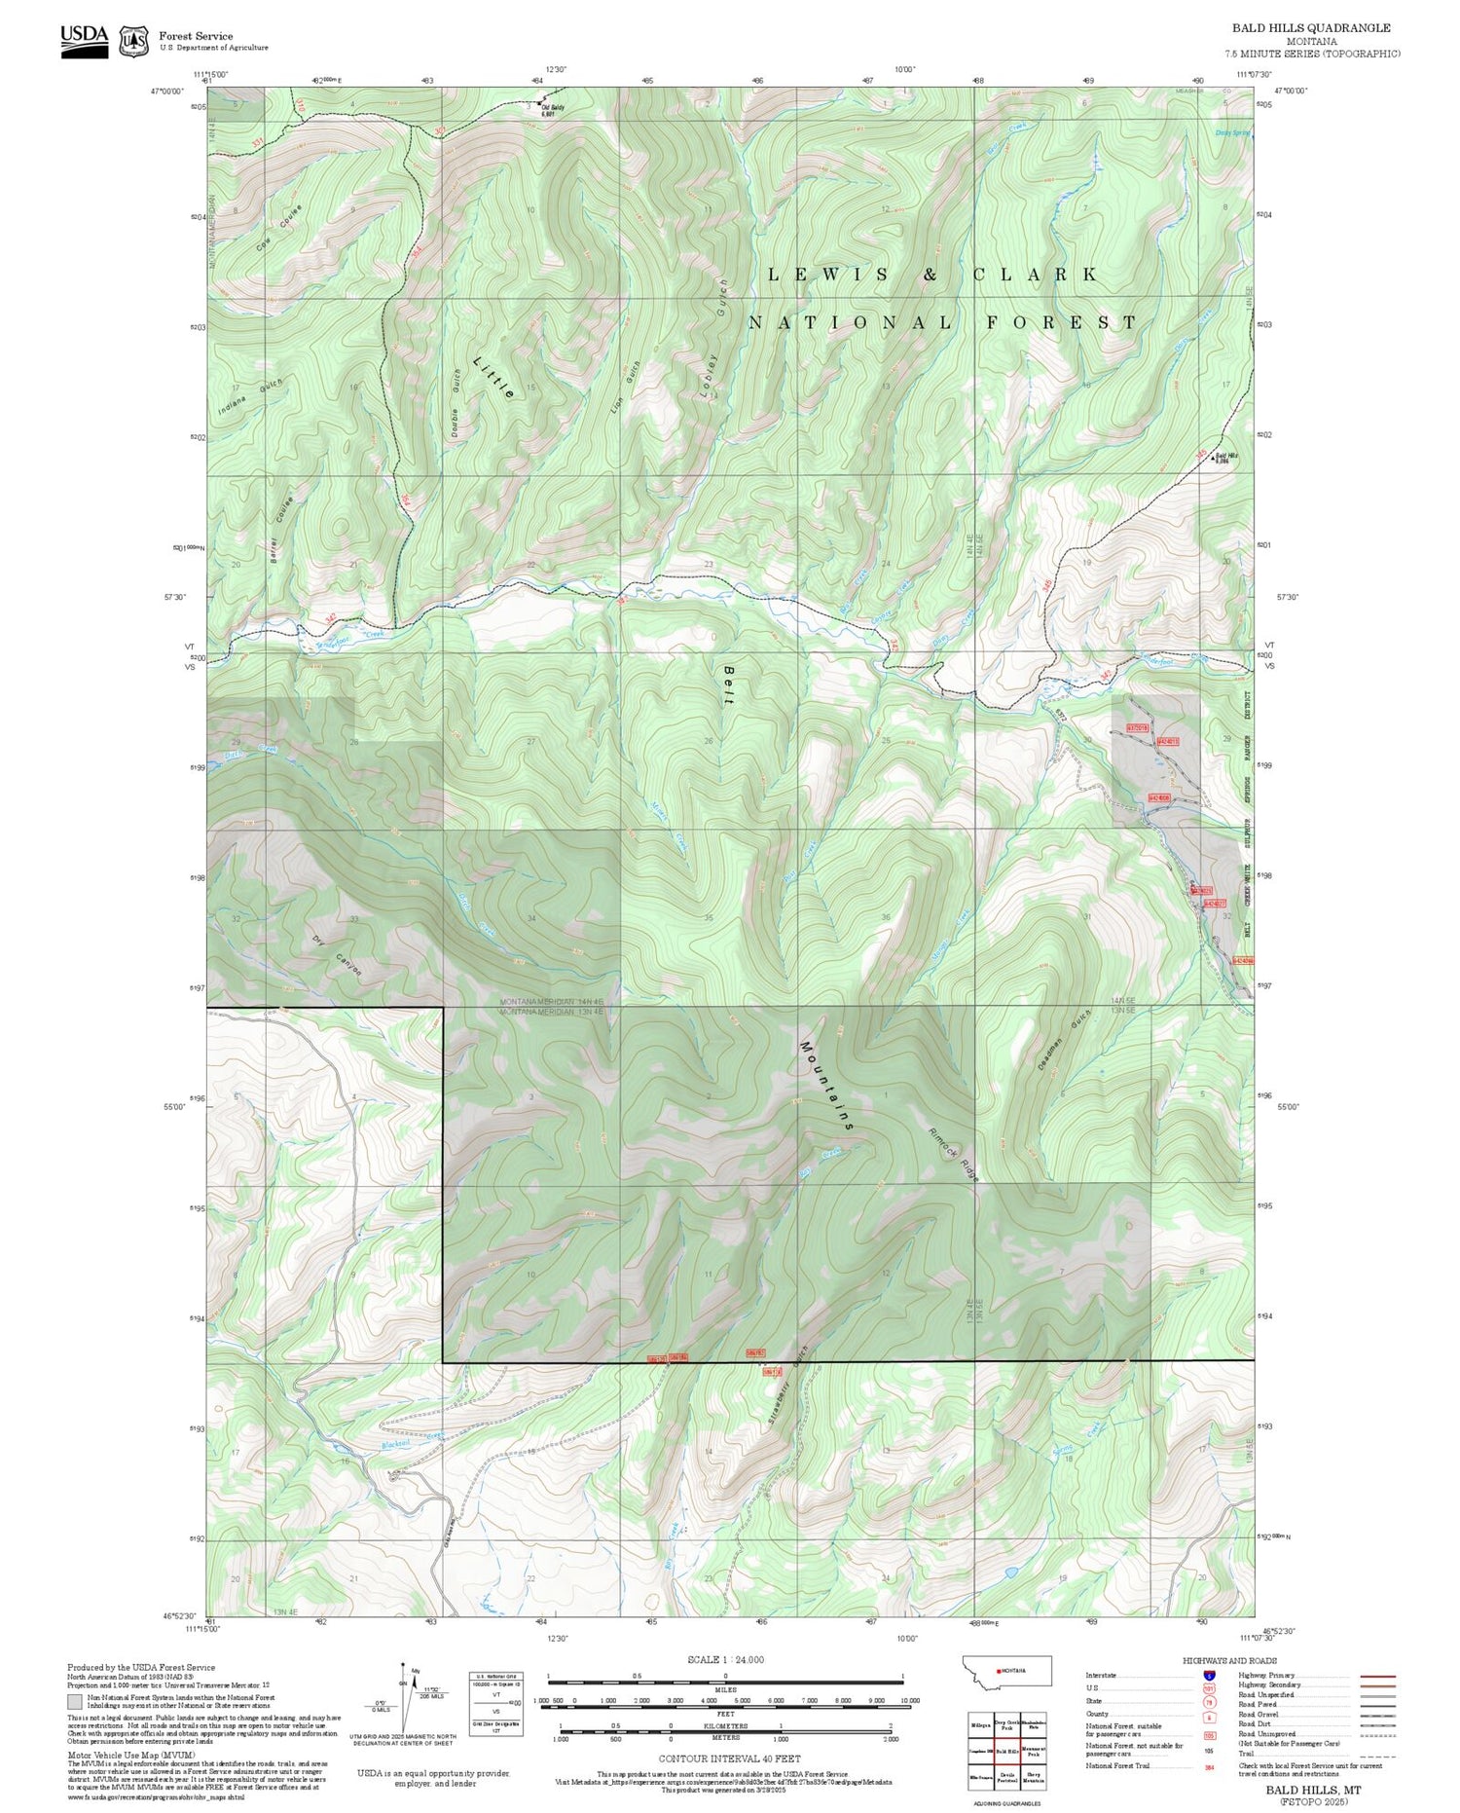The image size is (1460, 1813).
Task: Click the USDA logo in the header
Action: point(84,40)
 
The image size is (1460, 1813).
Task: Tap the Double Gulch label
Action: point(456,402)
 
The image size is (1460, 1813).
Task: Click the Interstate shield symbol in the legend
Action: point(1210,1676)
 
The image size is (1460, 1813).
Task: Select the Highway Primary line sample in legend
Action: point(1373,1676)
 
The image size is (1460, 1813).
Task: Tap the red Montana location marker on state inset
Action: point(997,1671)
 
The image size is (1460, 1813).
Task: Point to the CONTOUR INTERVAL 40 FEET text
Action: point(730,1758)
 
